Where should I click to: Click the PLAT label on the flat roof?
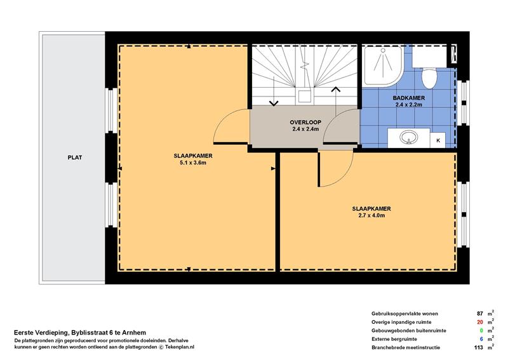pyautogui.click(x=74, y=157)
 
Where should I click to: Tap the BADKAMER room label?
pyautogui.click(x=408, y=98)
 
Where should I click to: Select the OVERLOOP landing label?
pyautogui.click(x=305, y=122)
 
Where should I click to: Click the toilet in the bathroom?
pyautogui.click(x=430, y=77)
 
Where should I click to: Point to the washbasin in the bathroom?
pyautogui.click(x=408, y=137)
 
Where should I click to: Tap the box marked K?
pyautogui.click(x=438, y=140)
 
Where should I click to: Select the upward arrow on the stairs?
pyautogui.click(x=336, y=100)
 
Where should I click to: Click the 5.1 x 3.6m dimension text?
pyautogui.click(x=193, y=163)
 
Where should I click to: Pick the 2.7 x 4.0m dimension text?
pyautogui.click(x=371, y=215)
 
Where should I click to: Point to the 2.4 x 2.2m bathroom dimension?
pyautogui.click(x=408, y=105)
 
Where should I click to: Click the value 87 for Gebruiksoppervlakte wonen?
pyautogui.click(x=480, y=314)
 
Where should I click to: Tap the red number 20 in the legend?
pyautogui.click(x=480, y=322)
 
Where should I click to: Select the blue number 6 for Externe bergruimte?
pyautogui.click(x=481, y=339)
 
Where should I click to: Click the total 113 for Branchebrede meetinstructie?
pyautogui.click(x=479, y=347)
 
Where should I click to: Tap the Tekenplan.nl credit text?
pyautogui.click(x=180, y=347)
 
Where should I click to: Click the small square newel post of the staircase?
pyautogui.click(x=305, y=97)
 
